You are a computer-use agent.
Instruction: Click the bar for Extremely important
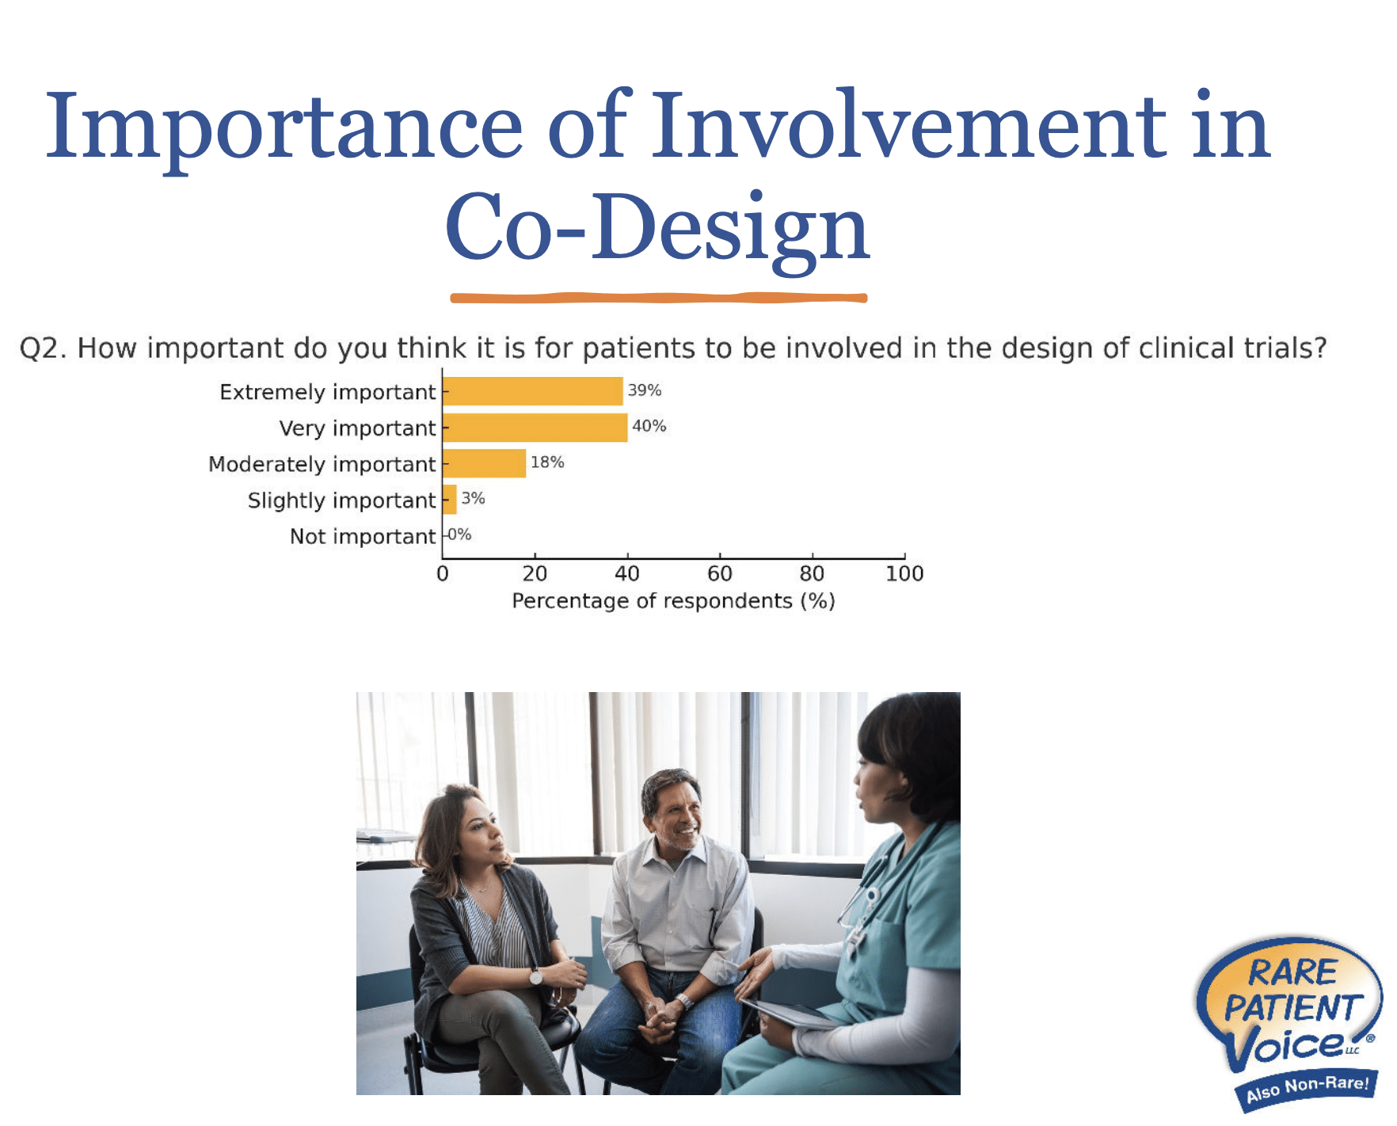point(532,391)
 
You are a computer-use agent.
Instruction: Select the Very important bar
point(535,428)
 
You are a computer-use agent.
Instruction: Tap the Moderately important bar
point(484,463)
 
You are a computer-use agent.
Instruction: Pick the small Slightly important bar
point(449,500)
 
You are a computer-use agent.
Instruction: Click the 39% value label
point(644,390)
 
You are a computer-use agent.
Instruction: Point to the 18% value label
point(547,462)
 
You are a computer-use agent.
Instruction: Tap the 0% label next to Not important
point(459,535)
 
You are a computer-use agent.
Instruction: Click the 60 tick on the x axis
point(719,573)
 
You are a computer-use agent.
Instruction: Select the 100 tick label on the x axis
point(904,573)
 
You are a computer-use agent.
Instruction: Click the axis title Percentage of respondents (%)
point(673,601)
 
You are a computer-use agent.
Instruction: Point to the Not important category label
point(362,537)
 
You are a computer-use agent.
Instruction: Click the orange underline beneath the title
point(657,299)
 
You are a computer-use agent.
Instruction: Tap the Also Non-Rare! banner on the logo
point(1307,1089)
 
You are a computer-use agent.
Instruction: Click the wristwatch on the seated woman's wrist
point(536,976)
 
